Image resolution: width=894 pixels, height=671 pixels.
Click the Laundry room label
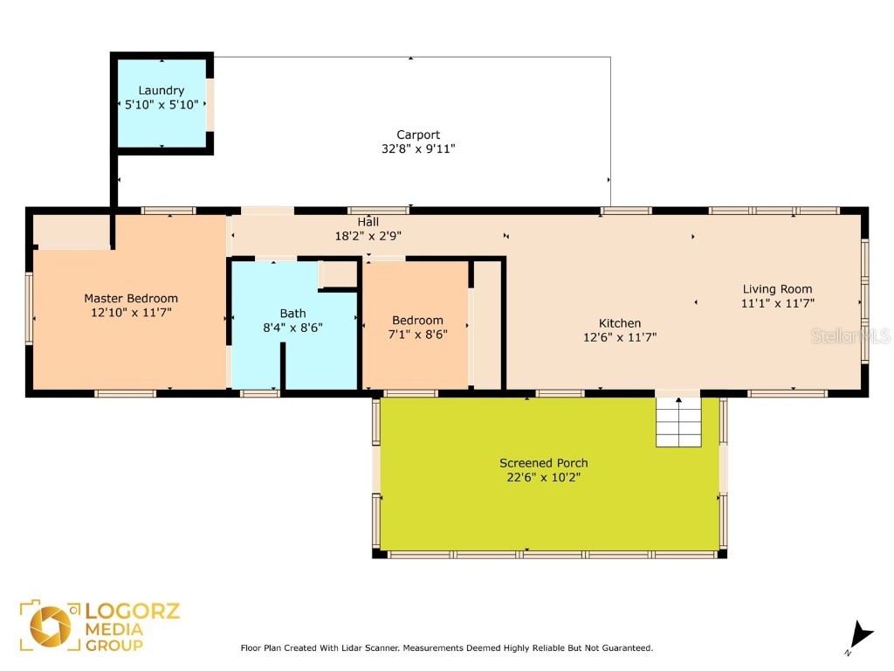click(162, 90)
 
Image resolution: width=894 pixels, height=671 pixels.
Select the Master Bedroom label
click(131, 298)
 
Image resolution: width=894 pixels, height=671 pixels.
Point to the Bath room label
click(293, 313)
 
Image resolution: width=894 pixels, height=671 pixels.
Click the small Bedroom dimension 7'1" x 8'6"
click(418, 334)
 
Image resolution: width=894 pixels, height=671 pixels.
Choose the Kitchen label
click(620, 323)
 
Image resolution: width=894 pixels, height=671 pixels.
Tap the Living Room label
click(777, 289)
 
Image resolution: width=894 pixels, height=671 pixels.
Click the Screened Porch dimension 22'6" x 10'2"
click(543, 477)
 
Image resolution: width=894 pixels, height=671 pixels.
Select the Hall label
click(368, 222)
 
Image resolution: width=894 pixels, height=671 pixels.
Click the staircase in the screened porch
click(678, 422)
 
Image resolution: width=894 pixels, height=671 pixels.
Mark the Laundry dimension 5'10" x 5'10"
click(162, 104)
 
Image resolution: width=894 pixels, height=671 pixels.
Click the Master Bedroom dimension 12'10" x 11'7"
click(131, 312)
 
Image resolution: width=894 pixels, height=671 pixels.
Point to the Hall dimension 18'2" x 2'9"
click(368, 236)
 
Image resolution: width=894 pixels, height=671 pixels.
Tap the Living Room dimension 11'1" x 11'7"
click(777, 303)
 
